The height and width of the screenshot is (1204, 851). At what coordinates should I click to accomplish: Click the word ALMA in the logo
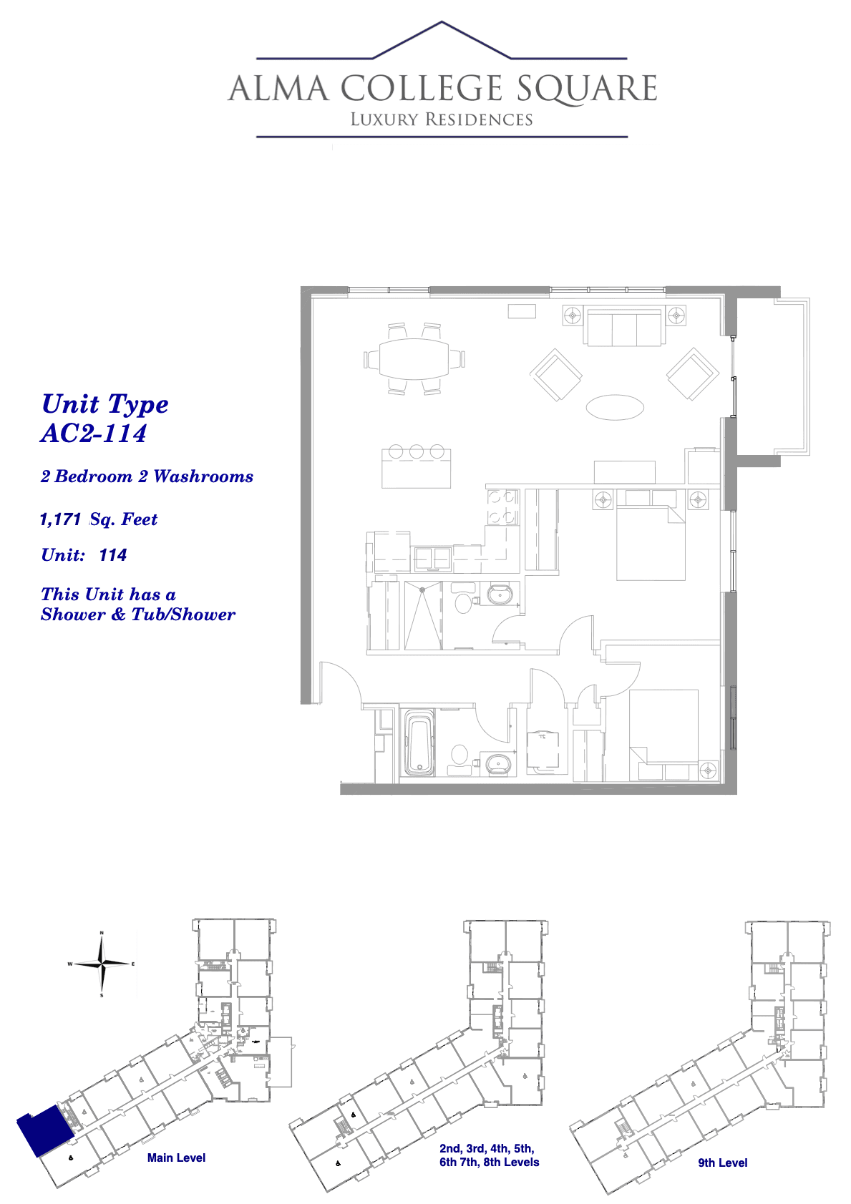click(278, 89)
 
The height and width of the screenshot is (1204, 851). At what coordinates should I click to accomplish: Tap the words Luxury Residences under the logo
click(442, 119)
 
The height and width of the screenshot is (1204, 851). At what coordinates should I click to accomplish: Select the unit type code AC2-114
click(94, 434)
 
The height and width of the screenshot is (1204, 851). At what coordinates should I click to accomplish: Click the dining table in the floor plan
click(414, 358)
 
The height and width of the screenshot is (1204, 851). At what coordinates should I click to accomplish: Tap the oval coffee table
click(615, 407)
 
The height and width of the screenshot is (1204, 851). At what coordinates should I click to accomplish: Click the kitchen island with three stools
click(416, 466)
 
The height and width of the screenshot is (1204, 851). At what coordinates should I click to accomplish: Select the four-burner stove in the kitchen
click(502, 507)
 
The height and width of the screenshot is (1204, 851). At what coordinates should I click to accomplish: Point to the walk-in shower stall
click(423, 615)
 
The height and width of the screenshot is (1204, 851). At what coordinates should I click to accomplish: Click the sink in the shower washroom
click(500, 595)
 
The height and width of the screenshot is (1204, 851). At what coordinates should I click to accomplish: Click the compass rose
click(102, 964)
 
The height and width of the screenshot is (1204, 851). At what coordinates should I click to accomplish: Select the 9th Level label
click(722, 1163)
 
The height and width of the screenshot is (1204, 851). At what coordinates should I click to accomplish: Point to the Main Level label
click(176, 1157)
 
